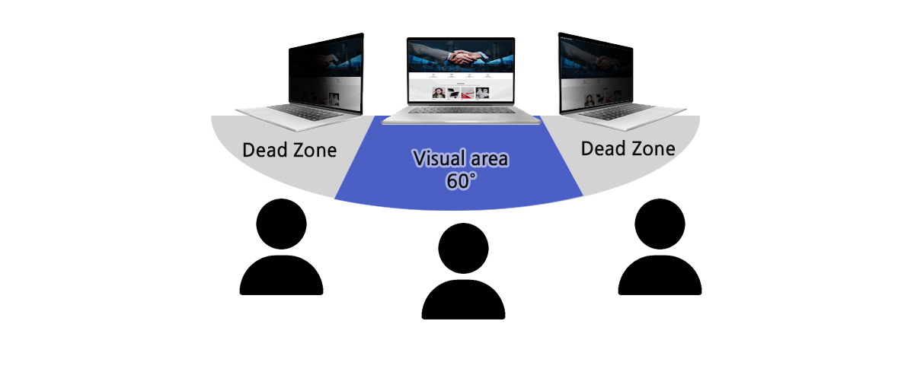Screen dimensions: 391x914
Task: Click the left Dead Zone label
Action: tap(289, 150)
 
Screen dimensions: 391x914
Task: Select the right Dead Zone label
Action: tap(628, 148)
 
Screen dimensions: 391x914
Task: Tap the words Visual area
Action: tap(460, 159)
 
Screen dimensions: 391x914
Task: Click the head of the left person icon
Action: tap(282, 224)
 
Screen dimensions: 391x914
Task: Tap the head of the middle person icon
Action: tap(464, 248)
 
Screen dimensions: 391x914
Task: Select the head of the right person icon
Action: tap(660, 224)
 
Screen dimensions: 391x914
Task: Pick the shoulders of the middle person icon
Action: tap(464, 300)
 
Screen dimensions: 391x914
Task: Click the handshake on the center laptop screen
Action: tap(461, 56)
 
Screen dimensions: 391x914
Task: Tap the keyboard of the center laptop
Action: tap(461, 110)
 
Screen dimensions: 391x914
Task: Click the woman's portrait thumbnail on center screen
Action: tap(439, 93)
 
